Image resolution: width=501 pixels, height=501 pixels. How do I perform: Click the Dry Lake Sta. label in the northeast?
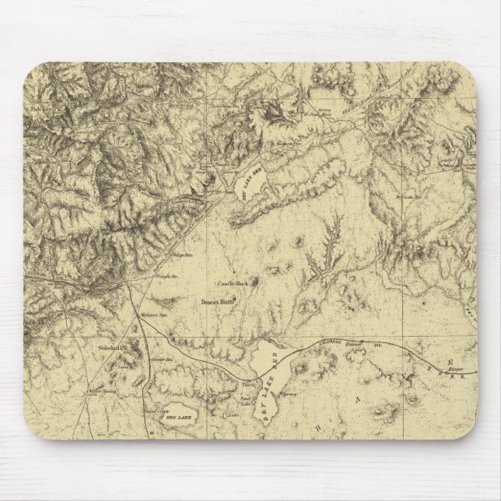408,198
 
